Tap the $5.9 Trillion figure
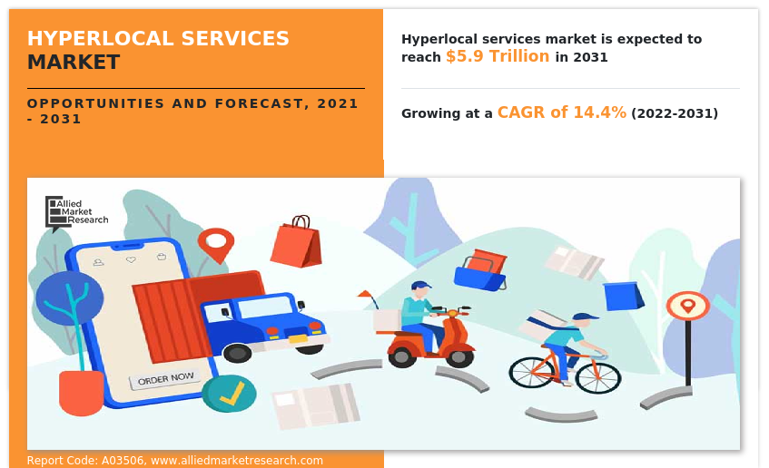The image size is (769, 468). tap(497, 56)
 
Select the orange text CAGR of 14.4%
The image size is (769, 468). tap(561, 112)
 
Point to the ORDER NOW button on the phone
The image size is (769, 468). tap(165, 377)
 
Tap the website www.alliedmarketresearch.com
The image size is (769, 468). tap(237, 461)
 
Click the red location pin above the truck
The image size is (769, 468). tap(215, 243)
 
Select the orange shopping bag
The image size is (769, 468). tap(296, 242)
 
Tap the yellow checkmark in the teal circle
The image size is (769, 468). tap(230, 394)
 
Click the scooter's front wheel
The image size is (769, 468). tap(458, 356)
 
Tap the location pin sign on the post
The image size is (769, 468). tap(687, 306)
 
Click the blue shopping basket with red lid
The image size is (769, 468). tap(481, 269)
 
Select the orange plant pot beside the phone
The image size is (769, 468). tap(81, 392)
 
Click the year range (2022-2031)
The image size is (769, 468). tap(674, 113)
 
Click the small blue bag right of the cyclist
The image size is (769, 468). tap(623, 296)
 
